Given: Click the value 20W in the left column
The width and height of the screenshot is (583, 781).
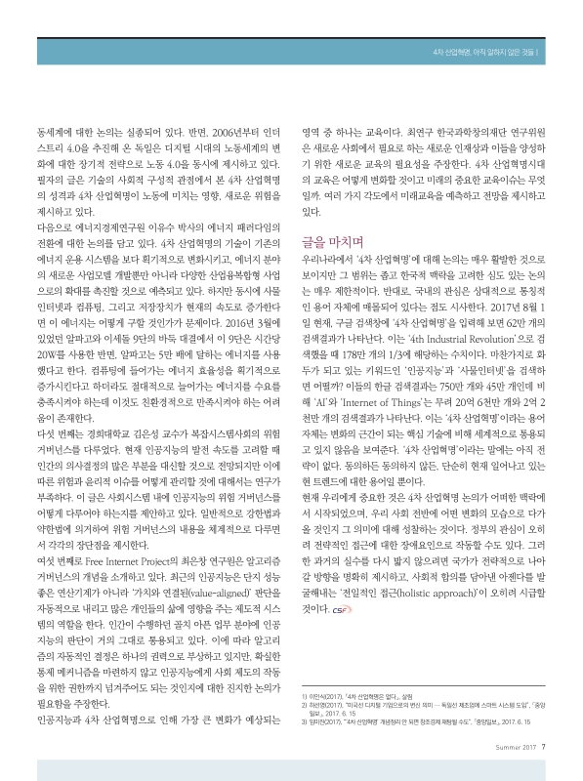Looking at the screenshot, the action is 45,345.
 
